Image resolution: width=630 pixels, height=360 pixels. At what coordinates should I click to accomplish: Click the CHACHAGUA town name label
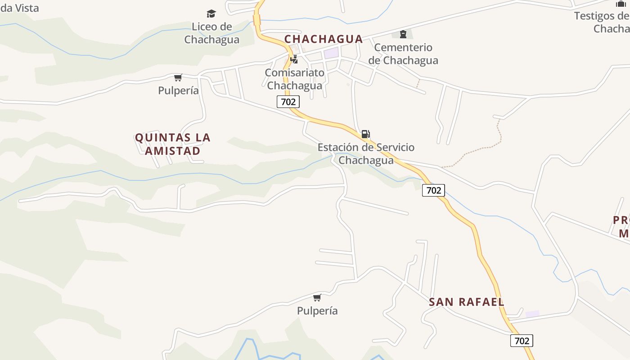coord(323,39)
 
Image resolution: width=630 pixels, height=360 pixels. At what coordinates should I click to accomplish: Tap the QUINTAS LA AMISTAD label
coord(173,144)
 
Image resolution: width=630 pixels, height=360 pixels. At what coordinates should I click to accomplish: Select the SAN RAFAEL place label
coord(466,302)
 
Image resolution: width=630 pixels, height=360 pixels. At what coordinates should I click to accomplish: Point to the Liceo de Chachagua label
coord(211,33)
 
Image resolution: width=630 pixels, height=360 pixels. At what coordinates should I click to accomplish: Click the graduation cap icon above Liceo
coord(211,14)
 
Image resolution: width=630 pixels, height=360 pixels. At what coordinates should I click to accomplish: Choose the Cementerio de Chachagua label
coord(403,54)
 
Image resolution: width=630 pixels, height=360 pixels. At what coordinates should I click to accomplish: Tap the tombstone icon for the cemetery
coord(403,34)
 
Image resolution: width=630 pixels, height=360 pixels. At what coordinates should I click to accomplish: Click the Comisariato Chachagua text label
coord(295,79)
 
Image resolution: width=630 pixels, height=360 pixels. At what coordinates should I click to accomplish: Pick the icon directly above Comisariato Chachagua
coord(294,59)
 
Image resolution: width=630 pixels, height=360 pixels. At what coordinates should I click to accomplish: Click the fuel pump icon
coord(365,134)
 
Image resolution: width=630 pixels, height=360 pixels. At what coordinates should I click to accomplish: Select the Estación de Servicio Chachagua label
coord(366,154)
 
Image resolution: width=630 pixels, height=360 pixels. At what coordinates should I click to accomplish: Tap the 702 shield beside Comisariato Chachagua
coord(288,102)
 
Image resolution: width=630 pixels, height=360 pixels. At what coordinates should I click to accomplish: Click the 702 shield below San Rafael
coord(522,341)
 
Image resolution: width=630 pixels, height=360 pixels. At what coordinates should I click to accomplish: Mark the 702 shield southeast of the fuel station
coord(433,190)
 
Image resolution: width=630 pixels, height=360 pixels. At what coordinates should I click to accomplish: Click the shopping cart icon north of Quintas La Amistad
coord(178,78)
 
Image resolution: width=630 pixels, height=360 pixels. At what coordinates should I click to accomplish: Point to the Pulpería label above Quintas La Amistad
coord(178,90)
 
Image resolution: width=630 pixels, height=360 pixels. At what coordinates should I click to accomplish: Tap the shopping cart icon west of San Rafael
coord(317,297)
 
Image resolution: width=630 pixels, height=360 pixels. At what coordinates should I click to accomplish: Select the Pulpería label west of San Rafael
coord(317,311)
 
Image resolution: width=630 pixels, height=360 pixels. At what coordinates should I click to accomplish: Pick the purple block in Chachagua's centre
coord(331,53)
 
